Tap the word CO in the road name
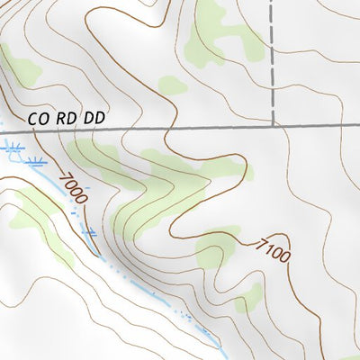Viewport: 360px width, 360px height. (36, 117)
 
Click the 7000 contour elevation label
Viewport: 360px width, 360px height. (73, 187)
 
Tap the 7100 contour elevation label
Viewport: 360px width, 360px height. (273, 249)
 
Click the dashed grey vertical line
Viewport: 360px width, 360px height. (272, 63)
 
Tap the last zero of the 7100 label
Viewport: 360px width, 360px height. (283, 259)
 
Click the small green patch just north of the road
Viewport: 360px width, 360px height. (170, 85)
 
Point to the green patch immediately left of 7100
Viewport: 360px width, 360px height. (211, 256)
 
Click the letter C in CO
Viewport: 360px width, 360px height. (32, 117)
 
